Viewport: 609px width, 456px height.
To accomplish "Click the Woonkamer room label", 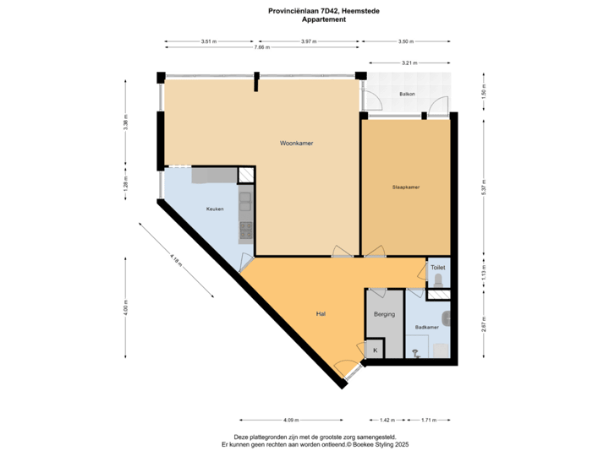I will pos(297,144).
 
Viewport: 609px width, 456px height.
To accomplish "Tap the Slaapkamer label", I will pos(406,187).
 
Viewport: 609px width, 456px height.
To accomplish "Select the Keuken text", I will pos(215,209).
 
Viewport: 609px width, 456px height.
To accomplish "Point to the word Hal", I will pos(321,313).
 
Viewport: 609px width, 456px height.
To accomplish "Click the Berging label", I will pos(385,313).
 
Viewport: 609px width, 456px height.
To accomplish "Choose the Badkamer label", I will pos(426,327).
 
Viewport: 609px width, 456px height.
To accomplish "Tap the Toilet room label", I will pos(437,267).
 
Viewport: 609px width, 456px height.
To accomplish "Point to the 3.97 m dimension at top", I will pos(308,41).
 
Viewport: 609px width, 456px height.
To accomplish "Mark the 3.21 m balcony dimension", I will pos(410,62).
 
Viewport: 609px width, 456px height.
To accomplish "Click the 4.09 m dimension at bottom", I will pos(290,420).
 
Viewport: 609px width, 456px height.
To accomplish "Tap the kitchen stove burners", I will pos(245,228).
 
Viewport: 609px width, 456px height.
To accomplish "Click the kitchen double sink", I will pos(245,200).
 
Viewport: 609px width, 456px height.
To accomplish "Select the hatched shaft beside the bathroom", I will pos(438,295).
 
